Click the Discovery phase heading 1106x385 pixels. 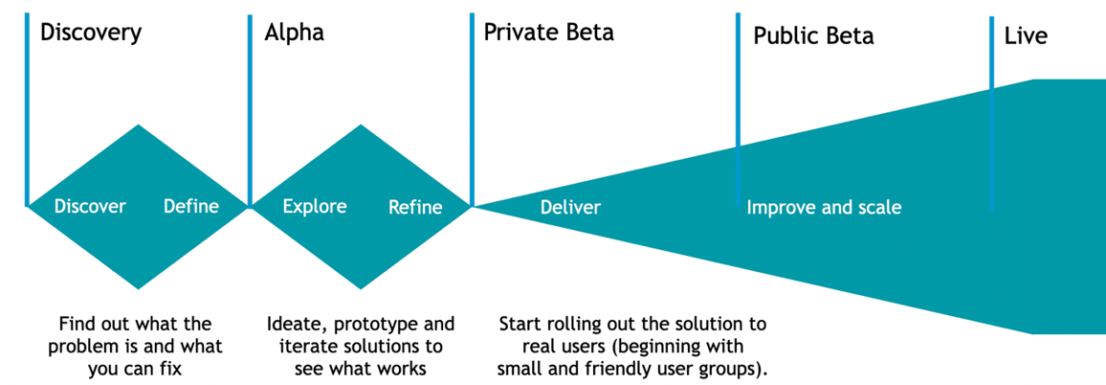pyautogui.click(x=90, y=33)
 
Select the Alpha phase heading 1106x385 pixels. pyautogui.click(x=294, y=33)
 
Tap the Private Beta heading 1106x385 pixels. pyautogui.click(x=548, y=33)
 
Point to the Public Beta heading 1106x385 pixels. pyautogui.click(x=813, y=36)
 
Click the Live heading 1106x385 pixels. pyautogui.click(x=1026, y=36)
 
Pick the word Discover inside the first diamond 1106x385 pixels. pyautogui.click(x=90, y=207)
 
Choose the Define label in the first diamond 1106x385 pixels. pyautogui.click(x=190, y=207)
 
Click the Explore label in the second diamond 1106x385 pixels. pyautogui.click(x=315, y=207)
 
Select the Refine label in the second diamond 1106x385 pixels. pyautogui.click(x=415, y=208)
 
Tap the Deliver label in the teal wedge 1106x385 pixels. pyautogui.click(x=570, y=208)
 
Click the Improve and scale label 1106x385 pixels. pyautogui.click(x=824, y=208)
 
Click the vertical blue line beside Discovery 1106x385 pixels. pyautogui.click(x=27, y=105)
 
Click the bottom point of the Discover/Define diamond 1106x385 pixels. pyautogui.click(x=140, y=287)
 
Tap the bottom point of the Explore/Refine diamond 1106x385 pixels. pyautogui.click(x=362, y=287)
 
